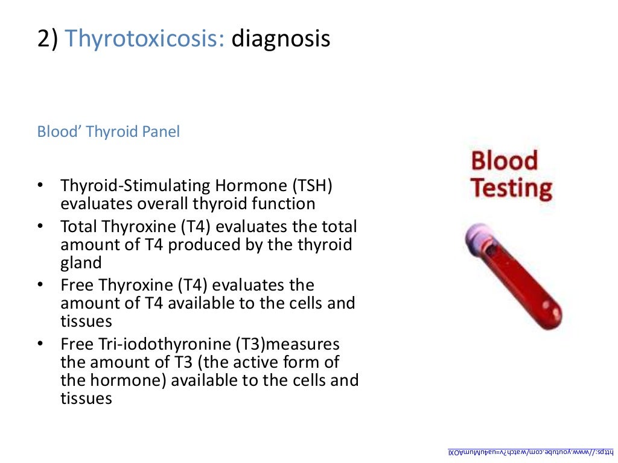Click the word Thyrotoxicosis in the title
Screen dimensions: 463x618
tap(145, 39)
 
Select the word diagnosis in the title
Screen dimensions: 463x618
tap(281, 39)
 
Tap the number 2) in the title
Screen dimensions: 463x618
tap(48, 39)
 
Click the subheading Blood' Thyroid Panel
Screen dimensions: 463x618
tap(109, 131)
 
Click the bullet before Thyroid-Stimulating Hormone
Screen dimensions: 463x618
tap(40, 186)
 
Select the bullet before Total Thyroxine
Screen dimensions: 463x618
tap(40, 227)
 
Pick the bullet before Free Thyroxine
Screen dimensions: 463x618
tap(40, 285)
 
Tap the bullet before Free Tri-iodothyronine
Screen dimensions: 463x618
tap(40, 344)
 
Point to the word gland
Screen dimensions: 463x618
tap(81, 263)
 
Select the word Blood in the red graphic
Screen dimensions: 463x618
tap(504, 162)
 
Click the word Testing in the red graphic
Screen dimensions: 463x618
tap(511, 189)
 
